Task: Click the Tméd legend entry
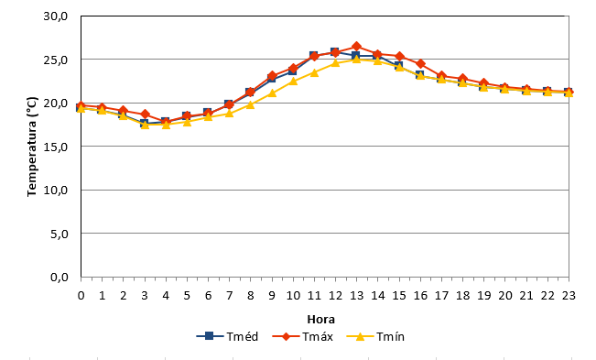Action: (227, 336)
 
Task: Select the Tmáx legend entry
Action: (303, 336)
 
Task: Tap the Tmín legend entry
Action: (375, 336)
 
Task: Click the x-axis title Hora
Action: (320, 320)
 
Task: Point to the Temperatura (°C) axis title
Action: (32, 147)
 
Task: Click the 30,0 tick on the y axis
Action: (56, 16)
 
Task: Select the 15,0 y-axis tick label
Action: (56, 147)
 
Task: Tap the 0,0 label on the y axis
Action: (60, 278)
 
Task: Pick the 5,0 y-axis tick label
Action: (60, 234)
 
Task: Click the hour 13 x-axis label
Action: (356, 295)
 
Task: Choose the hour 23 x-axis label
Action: (569, 295)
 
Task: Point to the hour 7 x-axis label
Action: (229, 295)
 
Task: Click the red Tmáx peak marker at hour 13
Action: (356, 47)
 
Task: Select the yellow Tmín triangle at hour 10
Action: (293, 81)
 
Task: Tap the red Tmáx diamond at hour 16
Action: (420, 63)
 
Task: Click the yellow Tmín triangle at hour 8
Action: (250, 104)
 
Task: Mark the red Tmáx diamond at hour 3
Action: (145, 114)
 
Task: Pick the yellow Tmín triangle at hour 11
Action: (314, 72)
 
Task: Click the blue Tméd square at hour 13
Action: (356, 56)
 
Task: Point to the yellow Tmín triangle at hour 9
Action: (272, 93)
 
